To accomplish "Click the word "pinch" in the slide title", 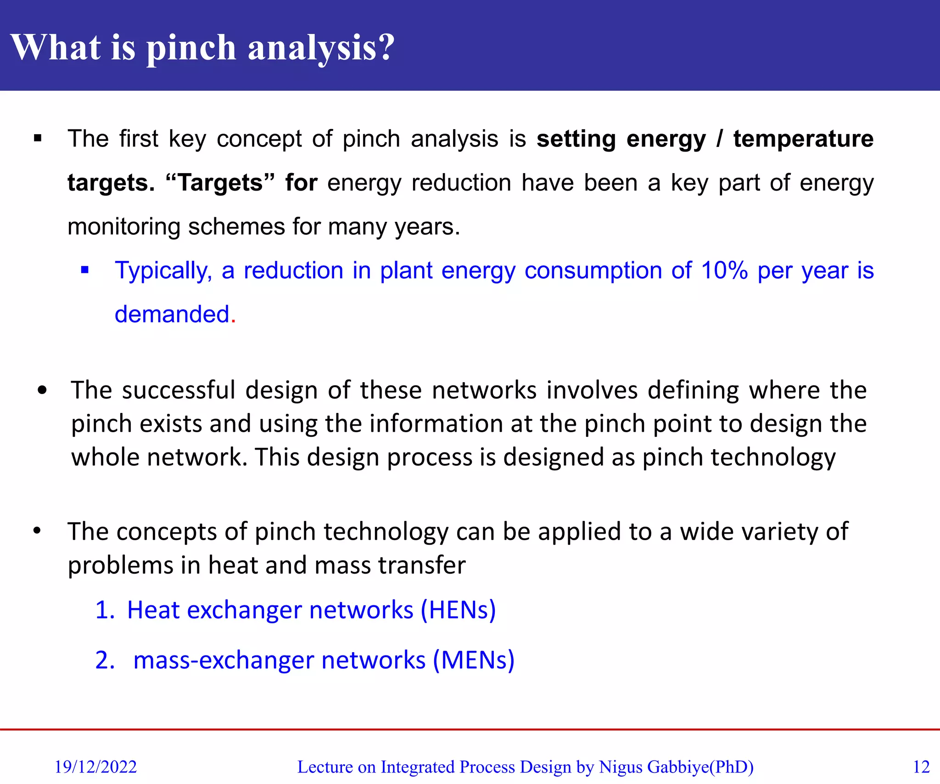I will (x=191, y=48).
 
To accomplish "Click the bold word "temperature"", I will (x=803, y=139).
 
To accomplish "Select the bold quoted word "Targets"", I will (x=220, y=183).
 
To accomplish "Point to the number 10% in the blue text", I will (x=724, y=271).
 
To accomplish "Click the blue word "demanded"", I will (x=172, y=315).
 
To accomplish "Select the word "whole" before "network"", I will (x=105, y=457).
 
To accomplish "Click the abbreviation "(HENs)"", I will (x=459, y=610).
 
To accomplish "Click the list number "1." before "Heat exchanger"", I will (x=105, y=610).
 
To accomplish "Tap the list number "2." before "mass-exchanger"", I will (x=105, y=660).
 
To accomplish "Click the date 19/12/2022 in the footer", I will (x=95, y=767).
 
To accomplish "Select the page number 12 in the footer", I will (x=921, y=767).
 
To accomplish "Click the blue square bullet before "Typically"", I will (x=84, y=270).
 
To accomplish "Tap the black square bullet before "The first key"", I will (x=38, y=138).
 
